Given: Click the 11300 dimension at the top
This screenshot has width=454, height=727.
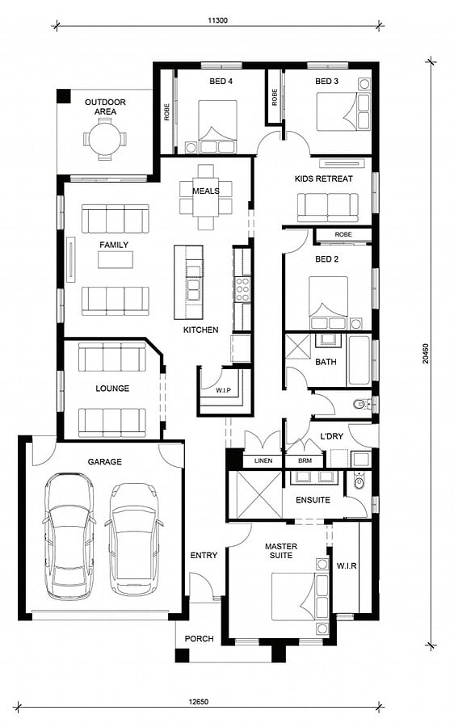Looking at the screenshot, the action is (217, 20).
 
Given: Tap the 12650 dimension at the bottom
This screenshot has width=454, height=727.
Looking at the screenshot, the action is (195, 701).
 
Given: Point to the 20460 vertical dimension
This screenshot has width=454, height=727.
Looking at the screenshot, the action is (425, 353).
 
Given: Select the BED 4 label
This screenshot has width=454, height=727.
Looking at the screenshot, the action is (221, 81).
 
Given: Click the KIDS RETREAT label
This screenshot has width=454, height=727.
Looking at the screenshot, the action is (324, 179).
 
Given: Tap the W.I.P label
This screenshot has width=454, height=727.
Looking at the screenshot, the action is (223, 390).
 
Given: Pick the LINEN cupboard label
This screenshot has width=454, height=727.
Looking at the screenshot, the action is (263, 461).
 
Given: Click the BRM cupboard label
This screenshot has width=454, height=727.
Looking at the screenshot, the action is (305, 461).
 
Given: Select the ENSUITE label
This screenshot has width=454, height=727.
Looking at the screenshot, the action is (313, 500).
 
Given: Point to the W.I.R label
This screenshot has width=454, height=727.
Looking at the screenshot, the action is (347, 566).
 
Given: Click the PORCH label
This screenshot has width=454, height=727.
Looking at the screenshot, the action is (199, 638).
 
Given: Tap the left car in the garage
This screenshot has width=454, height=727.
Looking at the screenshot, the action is (69, 536).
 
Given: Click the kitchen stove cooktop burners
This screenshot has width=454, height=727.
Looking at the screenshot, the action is (242, 290).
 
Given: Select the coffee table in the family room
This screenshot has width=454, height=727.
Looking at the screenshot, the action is (115, 259).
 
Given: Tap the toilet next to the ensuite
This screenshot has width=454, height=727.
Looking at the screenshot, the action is (359, 481).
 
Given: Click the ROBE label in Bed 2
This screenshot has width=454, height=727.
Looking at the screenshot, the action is (343, 234).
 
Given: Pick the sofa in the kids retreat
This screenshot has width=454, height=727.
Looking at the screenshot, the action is (327, 208).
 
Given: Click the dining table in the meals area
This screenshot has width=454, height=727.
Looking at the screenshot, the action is (206, 197).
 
